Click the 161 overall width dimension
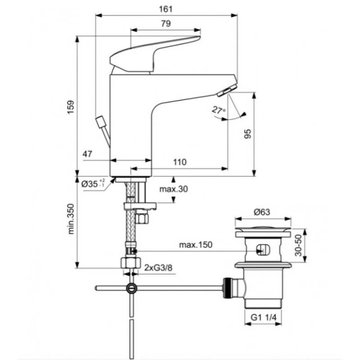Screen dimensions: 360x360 point(166,9)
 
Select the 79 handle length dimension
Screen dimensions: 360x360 point(166,23)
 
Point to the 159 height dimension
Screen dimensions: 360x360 point(71,107)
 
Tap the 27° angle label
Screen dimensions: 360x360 point(218,110)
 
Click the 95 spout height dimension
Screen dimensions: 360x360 point(247,134)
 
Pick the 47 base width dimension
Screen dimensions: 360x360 point(87,154)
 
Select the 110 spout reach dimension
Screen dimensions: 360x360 point(180,162)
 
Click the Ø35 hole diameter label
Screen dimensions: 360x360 point(94,184)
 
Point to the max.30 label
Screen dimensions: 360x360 point(174,189)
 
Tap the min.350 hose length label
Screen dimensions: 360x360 point(71,219)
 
